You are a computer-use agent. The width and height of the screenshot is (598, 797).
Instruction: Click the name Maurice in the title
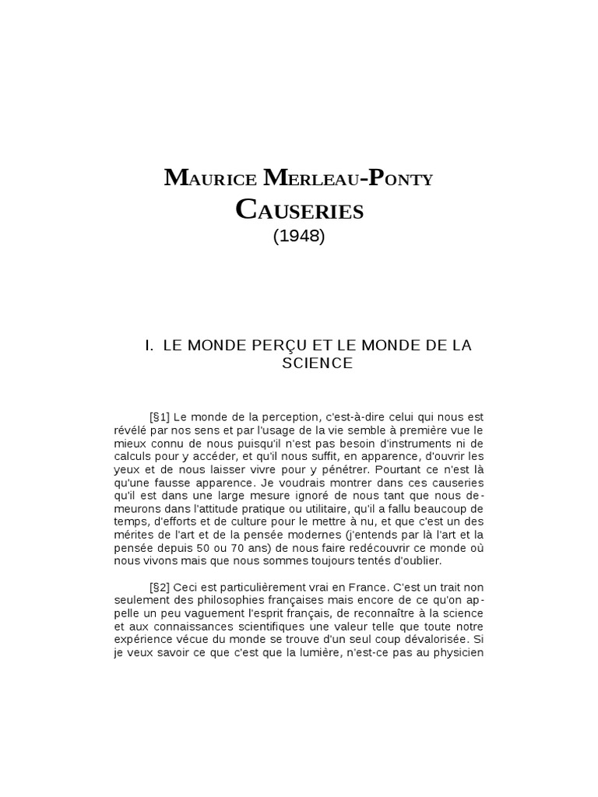[x=211, y=179]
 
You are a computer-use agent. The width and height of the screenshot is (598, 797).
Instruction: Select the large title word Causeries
[x=299, y=209]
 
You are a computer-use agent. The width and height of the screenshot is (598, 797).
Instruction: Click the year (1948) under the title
[x=299, y=237]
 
